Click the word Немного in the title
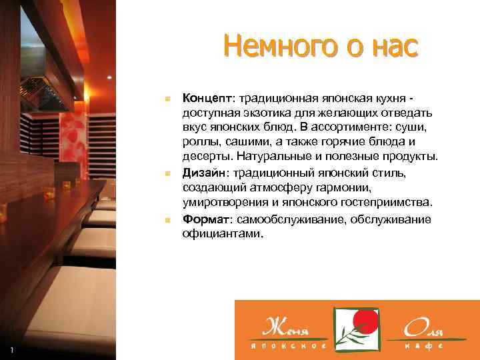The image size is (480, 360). [264, 47]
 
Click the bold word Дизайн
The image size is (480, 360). [204, 173]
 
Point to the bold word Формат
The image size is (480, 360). [205, 220]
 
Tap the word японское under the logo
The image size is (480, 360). [288, 347]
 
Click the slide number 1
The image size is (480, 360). [11, 351]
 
